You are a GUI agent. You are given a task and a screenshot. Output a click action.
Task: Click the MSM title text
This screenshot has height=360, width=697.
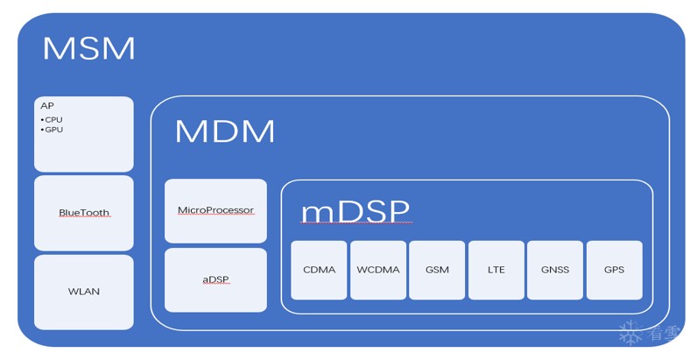click(x=88, y=48)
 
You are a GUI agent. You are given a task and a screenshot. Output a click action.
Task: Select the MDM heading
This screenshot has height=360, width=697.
click(x=224, y=131)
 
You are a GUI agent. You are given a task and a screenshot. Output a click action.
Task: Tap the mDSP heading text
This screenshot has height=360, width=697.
click(x=355, y=212)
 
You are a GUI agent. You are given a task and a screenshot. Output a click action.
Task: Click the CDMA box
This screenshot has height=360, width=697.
click(x=319, y=270)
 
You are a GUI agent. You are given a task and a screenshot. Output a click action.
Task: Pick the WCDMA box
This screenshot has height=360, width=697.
click(x=378, y=270)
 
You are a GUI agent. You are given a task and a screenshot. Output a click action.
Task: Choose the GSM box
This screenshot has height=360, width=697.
click(x=437, y=270)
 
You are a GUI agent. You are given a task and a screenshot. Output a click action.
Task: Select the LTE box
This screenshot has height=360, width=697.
click(x=496, y=270)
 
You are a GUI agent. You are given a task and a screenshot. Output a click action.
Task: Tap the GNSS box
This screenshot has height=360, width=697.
click(x=554, y=270)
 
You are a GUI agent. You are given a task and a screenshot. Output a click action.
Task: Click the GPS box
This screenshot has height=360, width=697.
click(x=614, y=270)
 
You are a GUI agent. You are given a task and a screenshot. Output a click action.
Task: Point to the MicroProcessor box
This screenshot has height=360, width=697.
click(x=215, y=211)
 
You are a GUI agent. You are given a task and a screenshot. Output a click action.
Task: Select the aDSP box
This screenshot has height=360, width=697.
click(x=215, y=279)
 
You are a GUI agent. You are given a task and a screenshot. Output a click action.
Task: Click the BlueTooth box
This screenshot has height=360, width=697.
click(x=84, y=213)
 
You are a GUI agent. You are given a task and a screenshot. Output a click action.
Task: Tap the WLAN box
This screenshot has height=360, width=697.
click(x=84, y=292)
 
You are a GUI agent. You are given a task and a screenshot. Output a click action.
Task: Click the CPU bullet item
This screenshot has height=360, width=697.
click(x=53, y=119)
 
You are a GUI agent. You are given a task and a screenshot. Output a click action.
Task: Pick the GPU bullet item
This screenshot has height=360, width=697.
click(x=53, y=130)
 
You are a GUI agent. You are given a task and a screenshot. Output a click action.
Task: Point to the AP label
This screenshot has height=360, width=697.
click(x=46, y=106)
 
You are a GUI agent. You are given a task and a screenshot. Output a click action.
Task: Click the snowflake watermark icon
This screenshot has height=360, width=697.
click(x=630, y=333)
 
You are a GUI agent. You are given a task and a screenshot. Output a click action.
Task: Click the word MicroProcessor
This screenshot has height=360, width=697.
click(x=215, y=210)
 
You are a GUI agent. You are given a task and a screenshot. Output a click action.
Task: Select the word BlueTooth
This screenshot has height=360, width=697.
click(x=84, y=213)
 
